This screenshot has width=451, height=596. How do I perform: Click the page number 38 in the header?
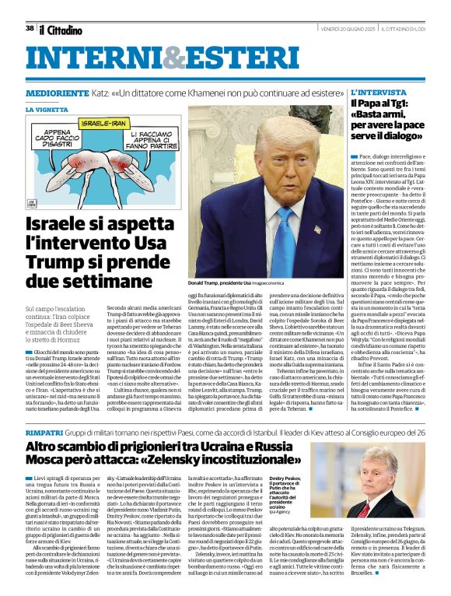tap(30, 28)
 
